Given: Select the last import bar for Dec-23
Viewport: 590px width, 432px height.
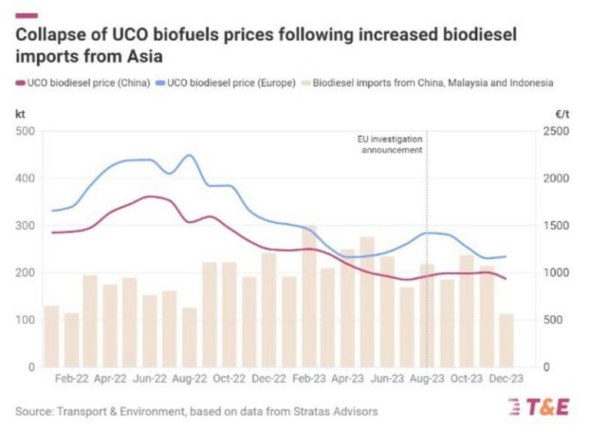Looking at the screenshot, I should coord(505,340).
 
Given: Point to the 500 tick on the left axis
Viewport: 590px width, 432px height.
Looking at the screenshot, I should coord(25,131).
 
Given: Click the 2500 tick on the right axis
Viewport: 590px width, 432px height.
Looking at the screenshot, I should coord(558,131).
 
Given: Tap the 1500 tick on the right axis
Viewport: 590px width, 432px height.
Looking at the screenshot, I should coord(558,226).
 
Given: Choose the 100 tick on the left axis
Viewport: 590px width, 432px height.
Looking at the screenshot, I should coord(25,321).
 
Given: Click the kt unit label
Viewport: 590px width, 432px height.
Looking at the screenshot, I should coord(20,113).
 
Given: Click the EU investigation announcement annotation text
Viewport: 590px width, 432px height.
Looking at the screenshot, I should coord(391,145).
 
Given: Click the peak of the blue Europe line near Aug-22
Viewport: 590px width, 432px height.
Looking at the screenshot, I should coord(189,155).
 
